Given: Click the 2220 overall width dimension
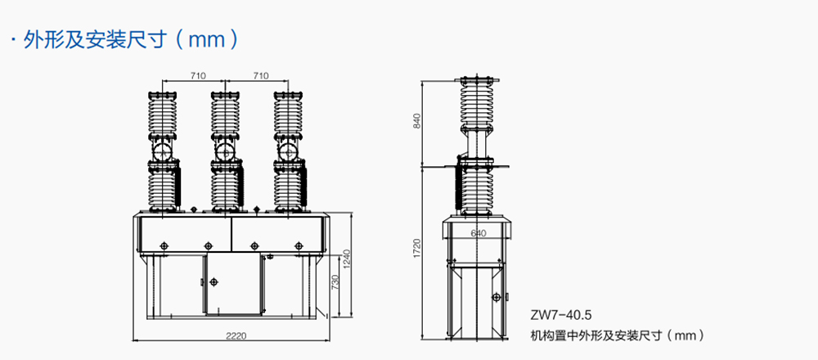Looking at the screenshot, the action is [236, 336].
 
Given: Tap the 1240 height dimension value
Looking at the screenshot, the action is [345, 259].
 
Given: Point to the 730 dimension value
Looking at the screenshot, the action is [335, 282].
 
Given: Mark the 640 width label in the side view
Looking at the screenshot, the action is [478, 233].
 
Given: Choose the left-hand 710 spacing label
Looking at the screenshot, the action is [198, 75].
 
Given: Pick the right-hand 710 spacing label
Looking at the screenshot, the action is [260, 75].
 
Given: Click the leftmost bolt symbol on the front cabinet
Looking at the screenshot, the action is [164, 245].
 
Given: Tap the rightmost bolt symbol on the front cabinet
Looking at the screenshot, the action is [299, 245].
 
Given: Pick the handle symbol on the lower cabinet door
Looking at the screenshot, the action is [213, 281].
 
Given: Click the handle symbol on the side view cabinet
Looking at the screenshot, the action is [496, 297].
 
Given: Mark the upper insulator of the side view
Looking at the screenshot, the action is [476, 103].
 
